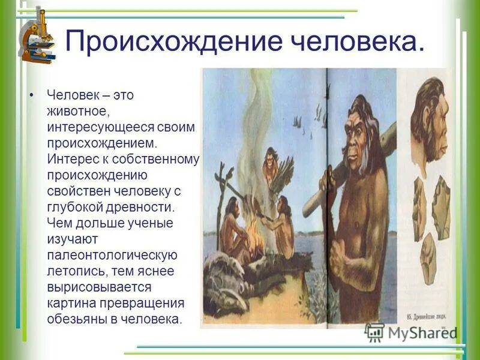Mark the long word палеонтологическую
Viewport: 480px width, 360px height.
(112, 255)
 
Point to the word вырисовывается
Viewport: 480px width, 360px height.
(98, 287)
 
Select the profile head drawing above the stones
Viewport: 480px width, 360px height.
(430, 121)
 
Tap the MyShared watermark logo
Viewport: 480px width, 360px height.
(412, 332)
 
